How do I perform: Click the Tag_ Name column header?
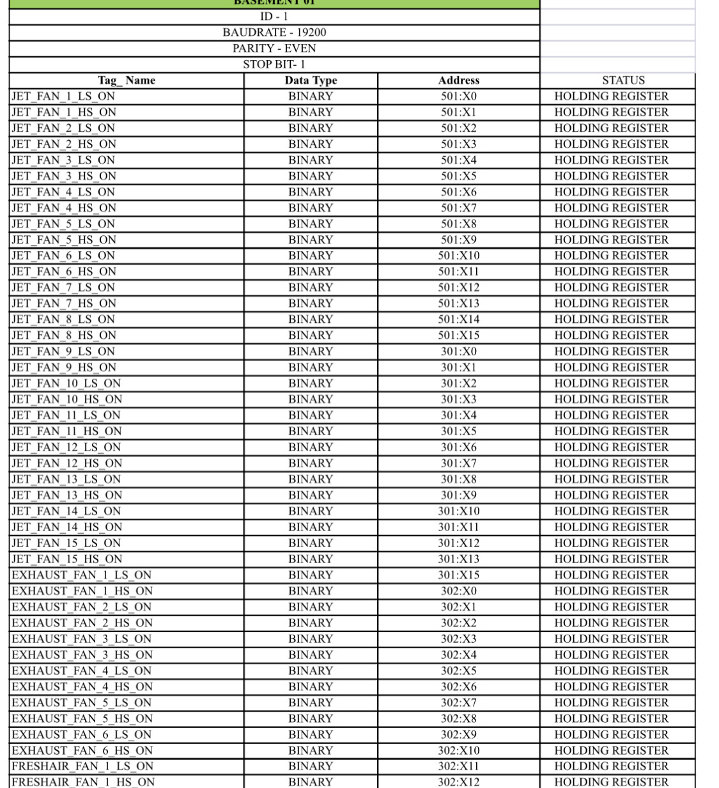coord(127,81)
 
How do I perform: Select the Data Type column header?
coord(311,81)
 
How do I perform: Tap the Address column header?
coord(458,81)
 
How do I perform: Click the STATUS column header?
coord(623,81)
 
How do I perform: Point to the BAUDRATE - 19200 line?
coord(274,33)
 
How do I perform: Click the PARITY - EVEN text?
coord(274,49)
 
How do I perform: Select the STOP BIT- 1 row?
coord(274,65)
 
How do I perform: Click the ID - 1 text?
coord(274,17)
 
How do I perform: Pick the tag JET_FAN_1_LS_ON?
coord(63,97)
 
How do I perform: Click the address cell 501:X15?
coord(458,336)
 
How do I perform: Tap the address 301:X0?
coord(458,352)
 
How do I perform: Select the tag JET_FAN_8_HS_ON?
coord(64,336)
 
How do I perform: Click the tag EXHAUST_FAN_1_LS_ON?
coord(82,575)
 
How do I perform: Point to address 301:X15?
coord(458,575)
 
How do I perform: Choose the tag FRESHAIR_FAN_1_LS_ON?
coord(83,766)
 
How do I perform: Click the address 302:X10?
coord(458,751)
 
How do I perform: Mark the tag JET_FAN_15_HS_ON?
coord(66,559)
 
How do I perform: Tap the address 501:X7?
coord(458,208)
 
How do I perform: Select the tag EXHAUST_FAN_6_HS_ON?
coord(82,751)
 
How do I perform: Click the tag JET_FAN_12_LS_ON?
coord(66,447)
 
